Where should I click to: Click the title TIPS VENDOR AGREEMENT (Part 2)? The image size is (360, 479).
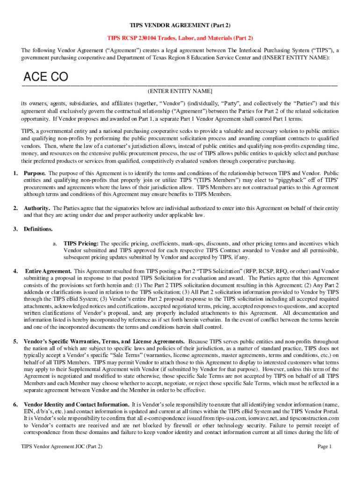(x=180, y=24)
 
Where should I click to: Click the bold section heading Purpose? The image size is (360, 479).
(x=35, y=173)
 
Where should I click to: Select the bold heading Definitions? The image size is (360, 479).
(x=38, y=229)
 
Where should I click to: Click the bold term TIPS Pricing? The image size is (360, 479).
(x=81, y=244)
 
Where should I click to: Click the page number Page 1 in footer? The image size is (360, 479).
(x=324, y=447)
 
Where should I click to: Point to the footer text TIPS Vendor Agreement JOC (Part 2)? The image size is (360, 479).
(x=62, y=447)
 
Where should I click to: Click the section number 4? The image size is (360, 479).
(x=15, y=271)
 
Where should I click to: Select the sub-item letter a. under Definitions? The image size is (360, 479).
(x=55, y=244)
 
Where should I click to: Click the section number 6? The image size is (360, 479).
(x=15, y=404)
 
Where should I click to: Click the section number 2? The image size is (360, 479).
(x=15, y=208)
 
